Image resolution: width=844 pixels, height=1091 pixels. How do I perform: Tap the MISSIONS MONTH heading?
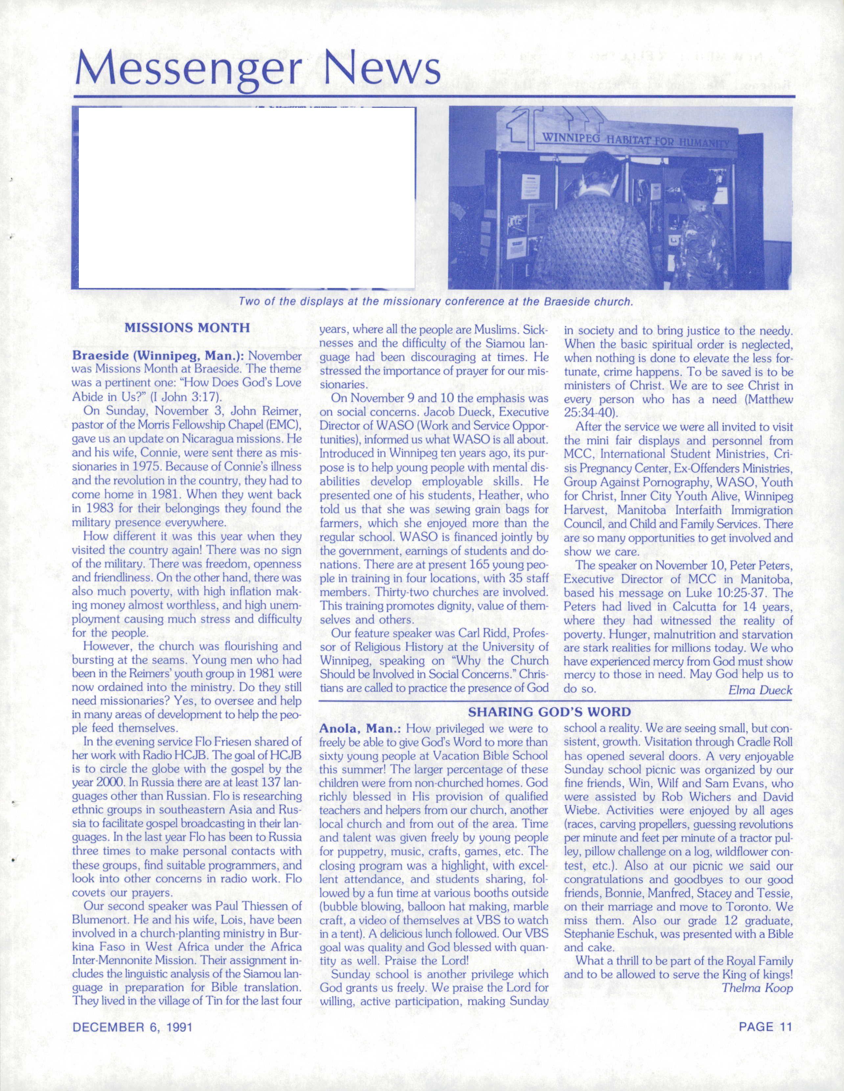pyautogui.click(x=187, y=328)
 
